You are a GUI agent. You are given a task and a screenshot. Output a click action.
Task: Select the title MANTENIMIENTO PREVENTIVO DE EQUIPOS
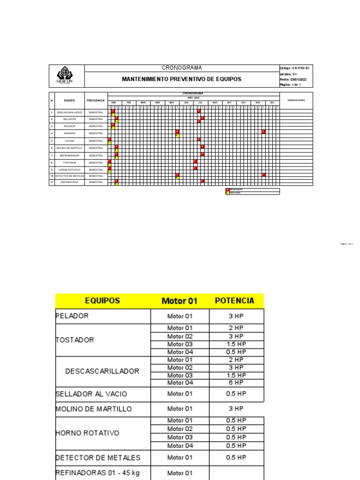181,79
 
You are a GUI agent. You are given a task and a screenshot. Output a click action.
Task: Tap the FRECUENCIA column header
96,100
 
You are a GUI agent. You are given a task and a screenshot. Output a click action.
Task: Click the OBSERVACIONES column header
296,100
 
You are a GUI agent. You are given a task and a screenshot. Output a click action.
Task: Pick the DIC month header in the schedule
272,102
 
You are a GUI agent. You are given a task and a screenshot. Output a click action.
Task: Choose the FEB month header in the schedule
129,102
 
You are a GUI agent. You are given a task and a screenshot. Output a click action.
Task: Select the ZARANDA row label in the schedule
70,133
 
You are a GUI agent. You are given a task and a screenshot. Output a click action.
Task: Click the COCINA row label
70,141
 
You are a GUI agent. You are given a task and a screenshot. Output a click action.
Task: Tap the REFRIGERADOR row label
70,155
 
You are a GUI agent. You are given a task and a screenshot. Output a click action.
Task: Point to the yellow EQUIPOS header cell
102,301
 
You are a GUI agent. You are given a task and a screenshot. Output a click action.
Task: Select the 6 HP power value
236,383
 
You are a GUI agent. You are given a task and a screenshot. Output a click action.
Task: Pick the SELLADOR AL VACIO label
91,394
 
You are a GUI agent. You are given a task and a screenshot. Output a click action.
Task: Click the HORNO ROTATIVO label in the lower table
87,433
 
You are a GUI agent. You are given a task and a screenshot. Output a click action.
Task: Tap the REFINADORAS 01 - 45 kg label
97,473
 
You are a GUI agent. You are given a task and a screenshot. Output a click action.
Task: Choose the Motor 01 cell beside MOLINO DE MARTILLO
180,409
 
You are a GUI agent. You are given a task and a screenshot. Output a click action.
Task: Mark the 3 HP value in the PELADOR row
236,316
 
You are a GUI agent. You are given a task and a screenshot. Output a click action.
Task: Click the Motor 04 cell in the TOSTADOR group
180,352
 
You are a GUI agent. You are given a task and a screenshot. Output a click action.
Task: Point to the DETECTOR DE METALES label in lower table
98,457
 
